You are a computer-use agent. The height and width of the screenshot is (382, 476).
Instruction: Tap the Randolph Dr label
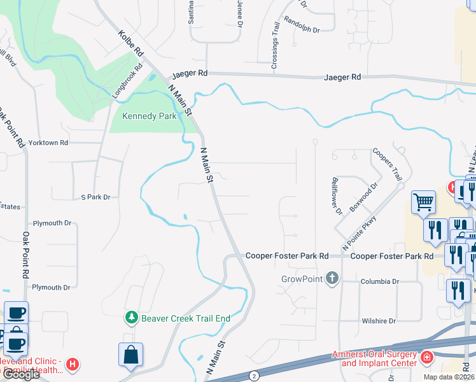(x=302, y=24)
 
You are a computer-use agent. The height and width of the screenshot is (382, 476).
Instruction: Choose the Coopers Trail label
(x=388, y=164)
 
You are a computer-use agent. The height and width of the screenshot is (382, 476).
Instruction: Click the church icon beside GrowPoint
(x=331, y=278)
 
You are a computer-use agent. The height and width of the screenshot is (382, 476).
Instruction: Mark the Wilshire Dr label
(x=379, y=321)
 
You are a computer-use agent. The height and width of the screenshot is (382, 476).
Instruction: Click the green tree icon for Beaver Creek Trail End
(x=132, y=317)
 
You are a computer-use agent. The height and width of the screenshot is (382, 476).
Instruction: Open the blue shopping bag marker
(x=130, y=354)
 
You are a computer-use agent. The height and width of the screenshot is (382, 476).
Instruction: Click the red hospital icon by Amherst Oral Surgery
(x=425, y=358)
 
